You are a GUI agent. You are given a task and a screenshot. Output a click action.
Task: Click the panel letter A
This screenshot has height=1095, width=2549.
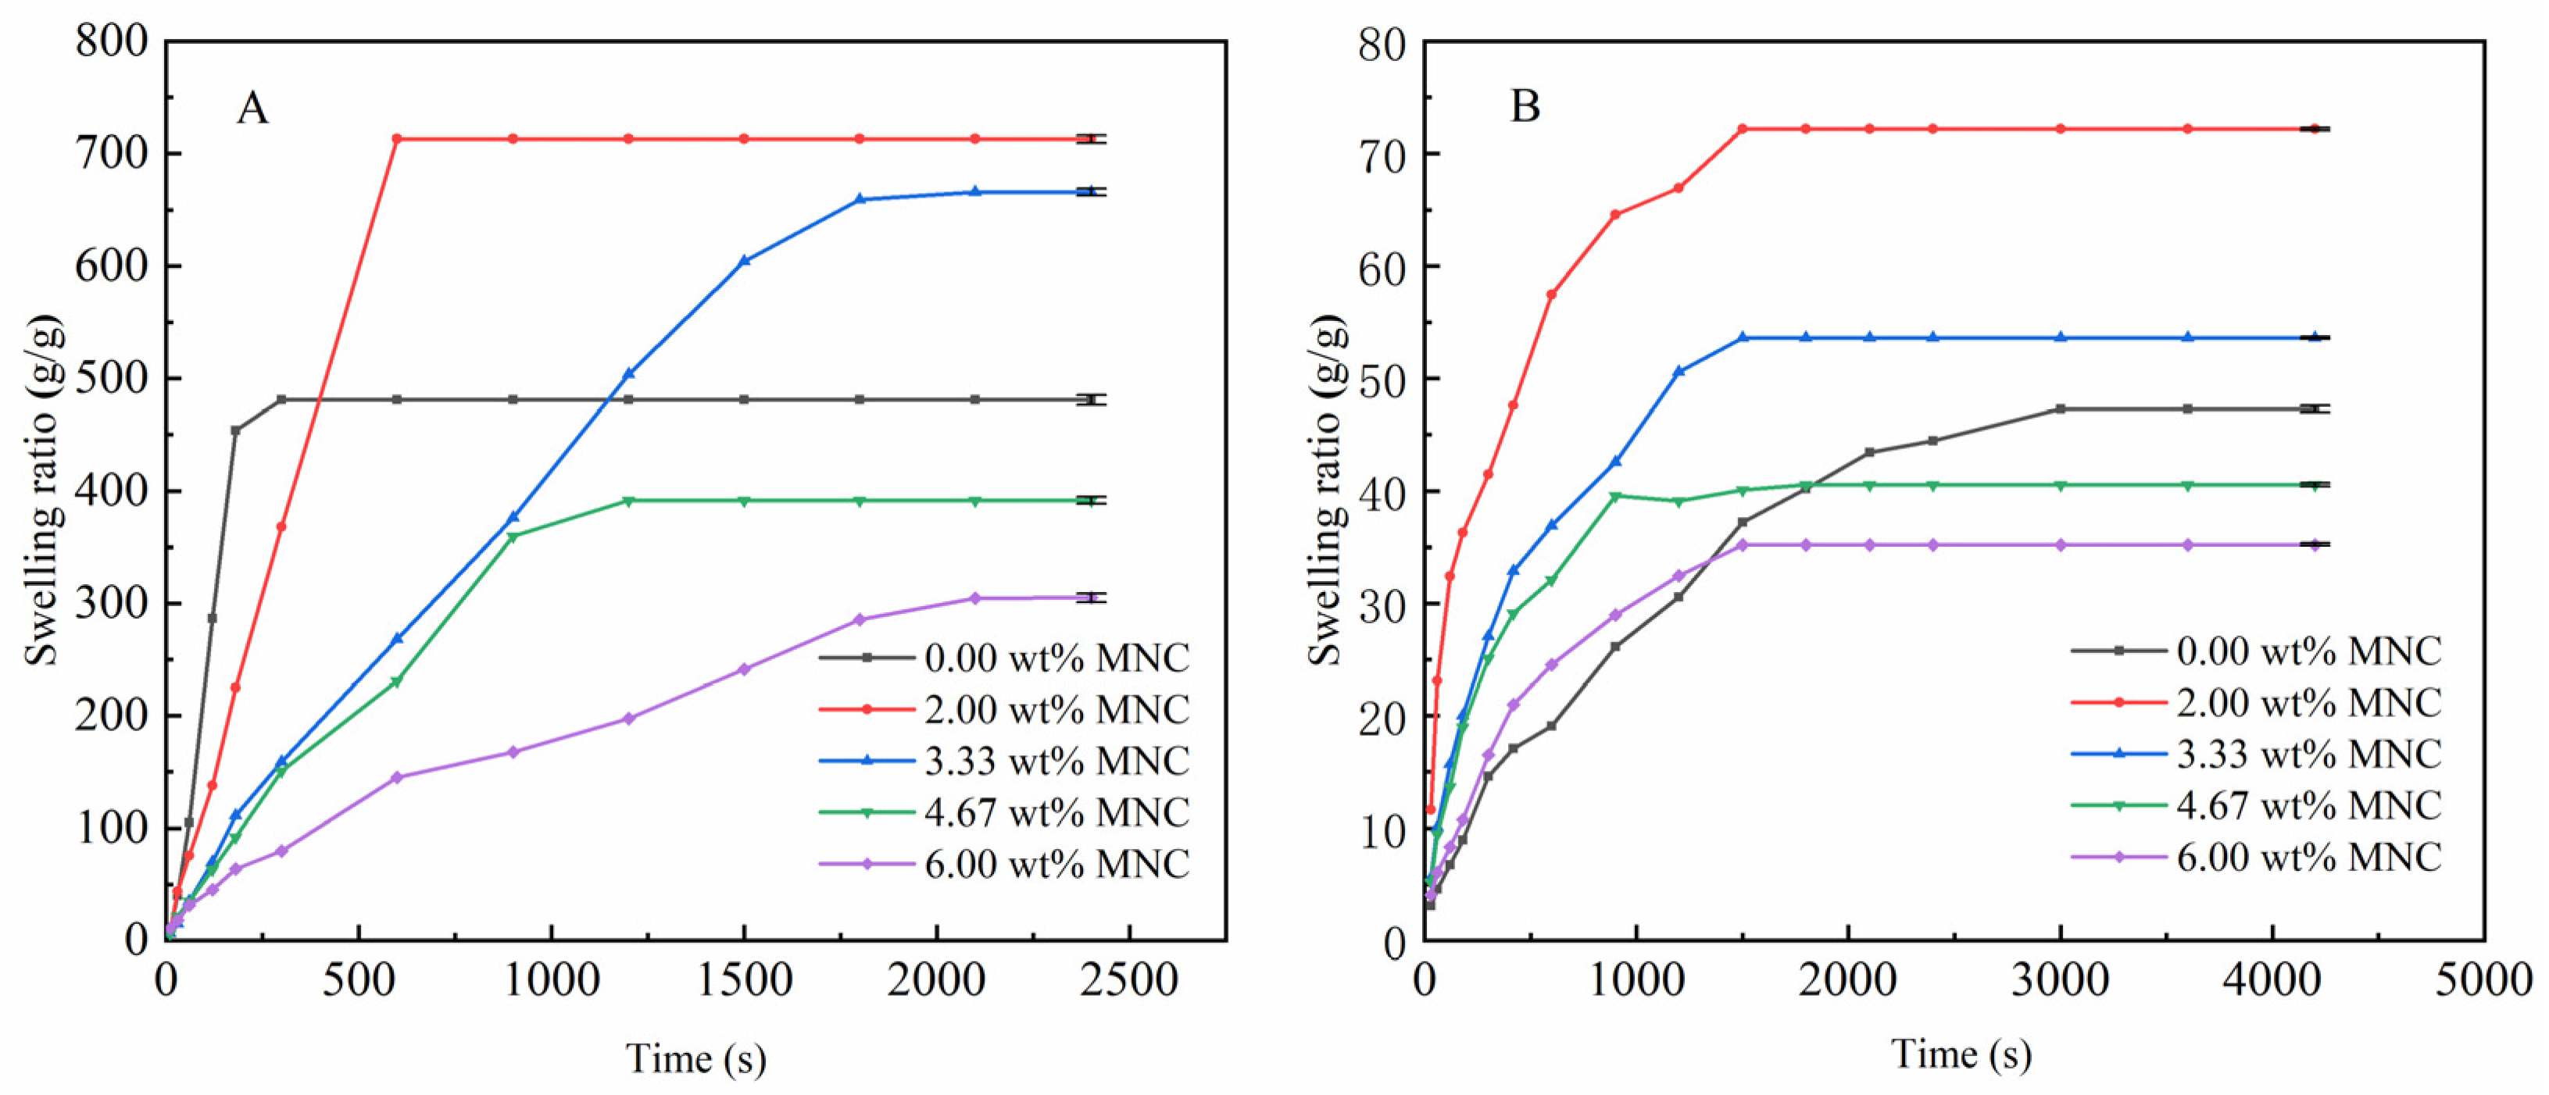[x=252, y=108]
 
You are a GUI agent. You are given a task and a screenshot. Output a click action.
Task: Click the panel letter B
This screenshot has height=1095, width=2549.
[x=1525, y=105]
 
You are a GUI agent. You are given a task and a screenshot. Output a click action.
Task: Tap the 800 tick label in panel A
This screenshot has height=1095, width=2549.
[x=111, y=41]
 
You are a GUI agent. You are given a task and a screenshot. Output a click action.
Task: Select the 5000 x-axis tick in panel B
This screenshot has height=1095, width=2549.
[x=2483, y=980]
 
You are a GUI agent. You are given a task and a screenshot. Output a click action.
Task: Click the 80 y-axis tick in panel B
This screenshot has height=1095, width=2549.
[x=1382, y=44]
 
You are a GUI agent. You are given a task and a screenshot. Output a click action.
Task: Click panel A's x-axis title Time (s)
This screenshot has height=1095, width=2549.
[x=695, y=1058]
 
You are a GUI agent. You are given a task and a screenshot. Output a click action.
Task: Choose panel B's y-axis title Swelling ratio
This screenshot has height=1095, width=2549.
[x=1326, y=490]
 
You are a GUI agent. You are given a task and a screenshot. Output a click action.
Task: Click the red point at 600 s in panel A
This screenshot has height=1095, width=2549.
[x=397, y=138]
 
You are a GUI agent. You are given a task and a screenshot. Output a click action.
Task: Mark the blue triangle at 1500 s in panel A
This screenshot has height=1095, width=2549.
[x=744, y=261]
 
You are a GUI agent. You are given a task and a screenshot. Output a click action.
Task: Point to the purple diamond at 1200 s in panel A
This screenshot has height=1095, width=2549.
[x=628, y=718]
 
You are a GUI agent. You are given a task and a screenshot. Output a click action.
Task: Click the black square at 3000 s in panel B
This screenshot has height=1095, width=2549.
[x=2060, y=408]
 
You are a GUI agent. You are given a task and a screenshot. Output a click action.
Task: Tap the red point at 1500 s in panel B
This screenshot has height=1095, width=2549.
[x=1743, y=129]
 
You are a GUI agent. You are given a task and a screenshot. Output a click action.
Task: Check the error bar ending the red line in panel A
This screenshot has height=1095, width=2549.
[x=1090, y=138]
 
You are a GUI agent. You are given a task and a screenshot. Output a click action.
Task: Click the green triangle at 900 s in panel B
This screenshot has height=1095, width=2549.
[x=1615, y=497]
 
